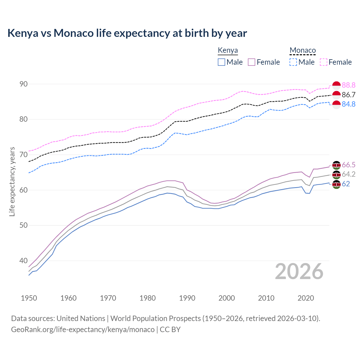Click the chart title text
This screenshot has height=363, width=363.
127,33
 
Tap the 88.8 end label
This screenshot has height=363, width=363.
349,85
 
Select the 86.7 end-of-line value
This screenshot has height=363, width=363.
349,95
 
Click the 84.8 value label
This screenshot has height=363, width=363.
349,104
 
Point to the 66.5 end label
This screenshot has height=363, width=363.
349,165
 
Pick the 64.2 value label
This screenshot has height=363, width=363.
349,174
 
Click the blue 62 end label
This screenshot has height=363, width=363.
346,184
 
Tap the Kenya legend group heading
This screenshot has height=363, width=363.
228,50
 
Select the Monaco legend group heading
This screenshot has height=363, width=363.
303,50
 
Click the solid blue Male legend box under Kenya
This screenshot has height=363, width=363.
221,62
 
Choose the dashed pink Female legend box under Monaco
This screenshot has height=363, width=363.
324,62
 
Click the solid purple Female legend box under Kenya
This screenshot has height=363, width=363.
252,62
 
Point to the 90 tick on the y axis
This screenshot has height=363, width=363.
24,84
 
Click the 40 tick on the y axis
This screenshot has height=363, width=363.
24,261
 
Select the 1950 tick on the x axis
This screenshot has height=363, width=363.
29,298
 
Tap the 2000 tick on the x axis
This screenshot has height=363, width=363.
227,298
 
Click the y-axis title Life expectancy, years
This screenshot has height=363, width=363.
12,181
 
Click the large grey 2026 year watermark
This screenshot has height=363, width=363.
299,271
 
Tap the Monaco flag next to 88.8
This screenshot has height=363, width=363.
336,85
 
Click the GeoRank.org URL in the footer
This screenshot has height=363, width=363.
83,330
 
